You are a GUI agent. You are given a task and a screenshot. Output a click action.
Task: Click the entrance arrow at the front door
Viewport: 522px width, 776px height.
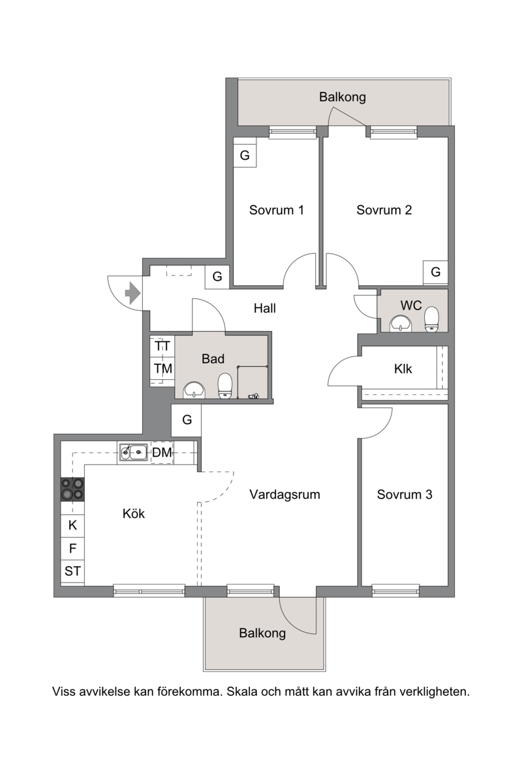click(132, 293)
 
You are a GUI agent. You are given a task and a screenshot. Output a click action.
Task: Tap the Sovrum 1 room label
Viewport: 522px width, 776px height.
click(276, 210)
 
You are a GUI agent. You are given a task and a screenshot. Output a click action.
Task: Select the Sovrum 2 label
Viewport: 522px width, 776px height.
click(384, 210)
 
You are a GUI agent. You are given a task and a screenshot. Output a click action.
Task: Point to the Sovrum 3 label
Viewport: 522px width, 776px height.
click(405, 495)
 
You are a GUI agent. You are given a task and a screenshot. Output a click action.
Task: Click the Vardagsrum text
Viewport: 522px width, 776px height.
click(284, 495)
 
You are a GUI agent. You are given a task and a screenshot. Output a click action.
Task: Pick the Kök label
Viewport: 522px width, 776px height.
click(133, 513)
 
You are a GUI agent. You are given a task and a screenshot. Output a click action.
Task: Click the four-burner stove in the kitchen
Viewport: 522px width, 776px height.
click(72, 489)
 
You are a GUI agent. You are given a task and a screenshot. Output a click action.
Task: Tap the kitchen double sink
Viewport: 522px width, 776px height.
click(133, 452)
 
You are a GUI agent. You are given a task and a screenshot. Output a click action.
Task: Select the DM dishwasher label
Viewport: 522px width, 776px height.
click(162, 452)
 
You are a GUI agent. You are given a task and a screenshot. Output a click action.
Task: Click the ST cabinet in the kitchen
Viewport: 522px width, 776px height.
click(72, 571)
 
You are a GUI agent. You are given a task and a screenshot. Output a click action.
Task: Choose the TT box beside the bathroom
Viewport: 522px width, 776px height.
click(162, 346)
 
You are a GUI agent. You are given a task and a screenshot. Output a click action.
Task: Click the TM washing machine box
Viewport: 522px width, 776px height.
click(162, 368)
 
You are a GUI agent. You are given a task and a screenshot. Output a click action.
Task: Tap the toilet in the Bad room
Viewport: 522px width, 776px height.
click(225, 386)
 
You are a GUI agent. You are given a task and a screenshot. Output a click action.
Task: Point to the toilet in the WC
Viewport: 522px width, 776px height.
click(432, 319)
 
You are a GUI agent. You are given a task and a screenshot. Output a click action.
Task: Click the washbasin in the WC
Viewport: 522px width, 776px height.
click(401, 323)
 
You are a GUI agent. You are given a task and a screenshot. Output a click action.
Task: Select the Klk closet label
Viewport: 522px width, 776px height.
click(403, 369)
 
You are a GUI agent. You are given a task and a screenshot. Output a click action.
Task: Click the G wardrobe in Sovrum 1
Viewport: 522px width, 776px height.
click(245, 156)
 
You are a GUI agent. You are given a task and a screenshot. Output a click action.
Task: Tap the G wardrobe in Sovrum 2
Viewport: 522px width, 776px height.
click(435, 272)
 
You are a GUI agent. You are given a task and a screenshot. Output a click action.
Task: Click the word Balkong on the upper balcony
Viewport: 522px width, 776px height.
click(343, 97)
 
